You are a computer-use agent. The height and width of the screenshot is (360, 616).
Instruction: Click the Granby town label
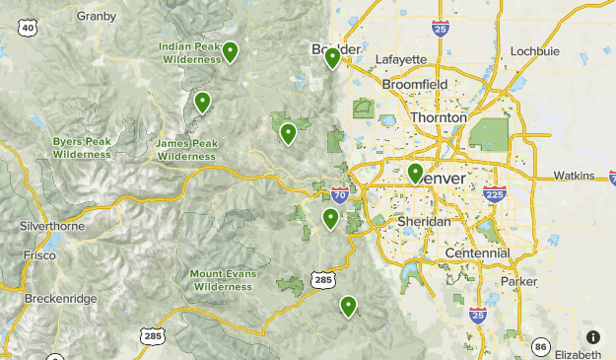click(96, 15)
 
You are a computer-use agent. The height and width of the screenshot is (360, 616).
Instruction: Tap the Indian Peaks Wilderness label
click(190, 52)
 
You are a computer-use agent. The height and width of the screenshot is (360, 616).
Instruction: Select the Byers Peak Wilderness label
click(82, 147)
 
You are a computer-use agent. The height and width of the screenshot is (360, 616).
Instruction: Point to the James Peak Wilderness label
click(186, 149)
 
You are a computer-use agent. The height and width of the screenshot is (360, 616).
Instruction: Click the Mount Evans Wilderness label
click(222, 279)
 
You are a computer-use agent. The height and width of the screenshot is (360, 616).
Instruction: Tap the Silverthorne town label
click(52, 226)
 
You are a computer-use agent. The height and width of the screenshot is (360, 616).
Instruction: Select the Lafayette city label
click(401, 59)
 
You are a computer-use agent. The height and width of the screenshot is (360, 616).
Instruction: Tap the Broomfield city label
click(415, 86)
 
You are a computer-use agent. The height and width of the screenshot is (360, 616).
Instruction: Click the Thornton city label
click(438, 117)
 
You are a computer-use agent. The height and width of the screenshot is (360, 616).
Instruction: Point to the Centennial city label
click(477, 253)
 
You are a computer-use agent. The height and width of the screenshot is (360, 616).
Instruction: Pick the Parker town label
click(519, 281)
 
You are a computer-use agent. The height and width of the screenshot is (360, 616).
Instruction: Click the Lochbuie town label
click(535, 50)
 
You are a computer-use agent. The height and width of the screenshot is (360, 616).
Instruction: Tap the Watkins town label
click(574, 176)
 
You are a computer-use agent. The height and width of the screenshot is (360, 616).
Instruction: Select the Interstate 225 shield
click(495, 196)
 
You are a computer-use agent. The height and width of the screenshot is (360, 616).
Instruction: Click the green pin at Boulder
click(333, 59)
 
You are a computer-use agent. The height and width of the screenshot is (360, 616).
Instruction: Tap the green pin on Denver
click(416, 175)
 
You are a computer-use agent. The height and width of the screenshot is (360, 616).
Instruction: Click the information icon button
click(592, 336)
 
